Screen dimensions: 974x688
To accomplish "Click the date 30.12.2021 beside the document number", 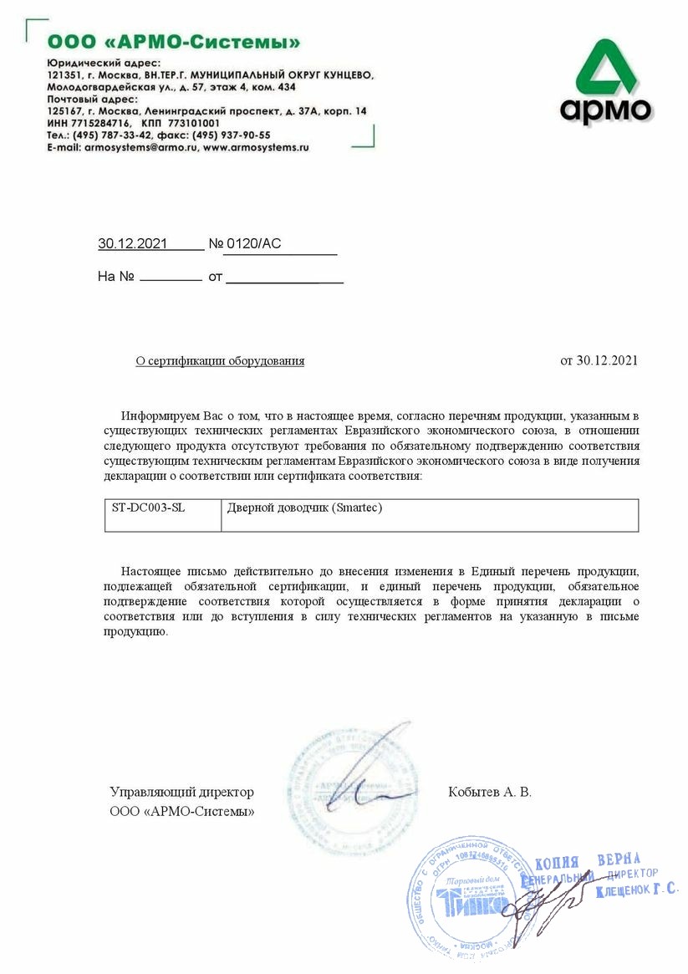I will (x=133, y=244).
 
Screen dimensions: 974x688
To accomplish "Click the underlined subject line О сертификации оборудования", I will (x=220, y=361).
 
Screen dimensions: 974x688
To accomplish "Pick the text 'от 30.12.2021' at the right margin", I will (x=599, y=360).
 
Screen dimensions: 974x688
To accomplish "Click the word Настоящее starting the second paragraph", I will (x=154, y=570).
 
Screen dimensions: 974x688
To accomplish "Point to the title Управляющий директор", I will (x=181, y=792).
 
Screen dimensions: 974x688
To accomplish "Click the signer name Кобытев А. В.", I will (x=489, y=792).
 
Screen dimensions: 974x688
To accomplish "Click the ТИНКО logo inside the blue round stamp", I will (x=470, y=903).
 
